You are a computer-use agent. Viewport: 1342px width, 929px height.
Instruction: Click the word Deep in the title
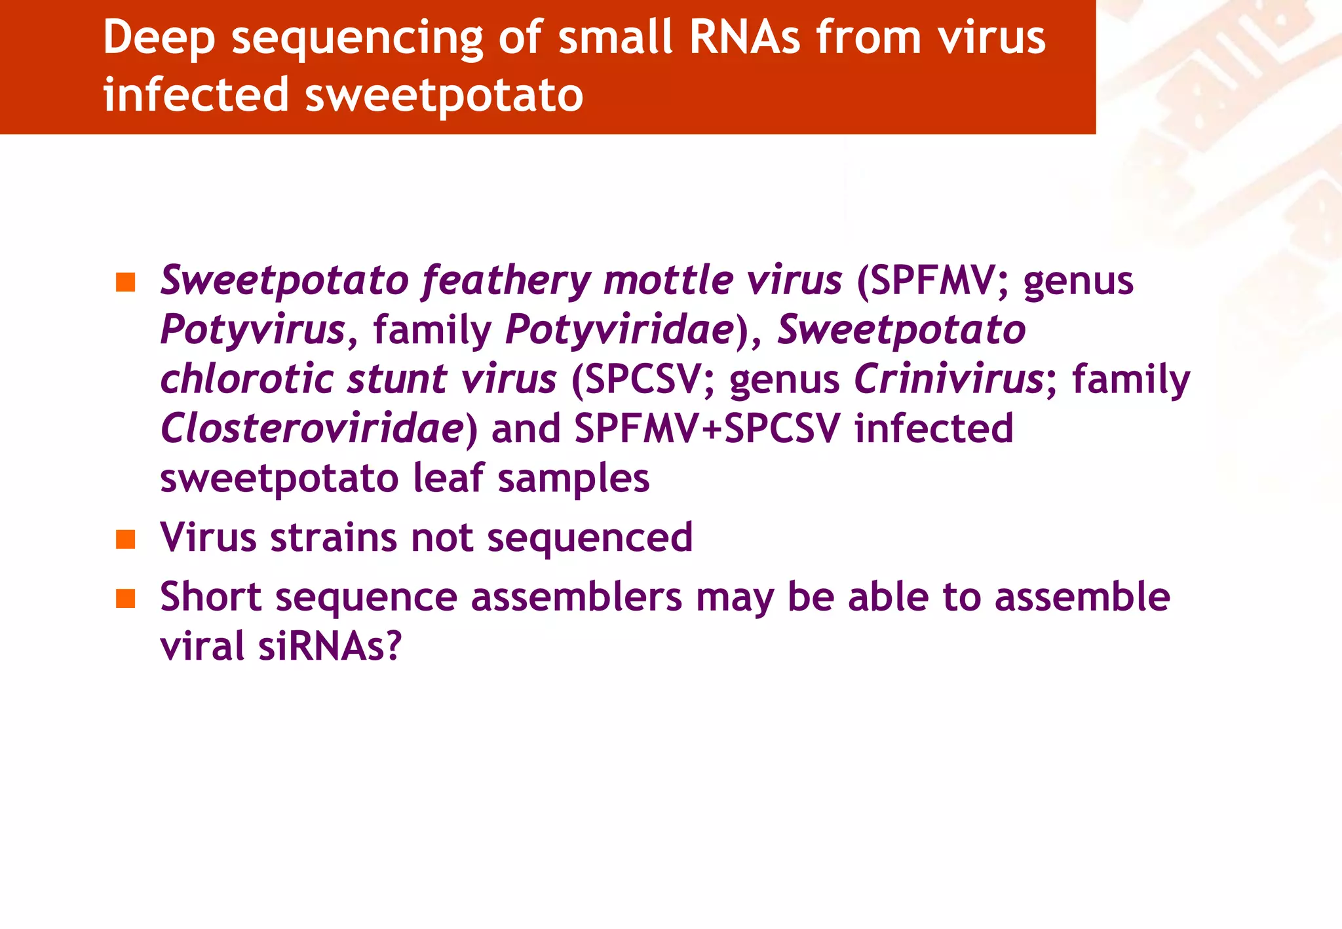[x=159, y=38]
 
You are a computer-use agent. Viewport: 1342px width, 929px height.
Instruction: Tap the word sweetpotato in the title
[x=444, y=95]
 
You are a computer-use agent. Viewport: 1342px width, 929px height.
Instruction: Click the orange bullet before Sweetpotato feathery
[x=125, y=282]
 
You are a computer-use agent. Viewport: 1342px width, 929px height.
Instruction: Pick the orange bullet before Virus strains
[x=125, y=539]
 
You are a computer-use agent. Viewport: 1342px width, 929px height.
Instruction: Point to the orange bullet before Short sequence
[x=125, y=598]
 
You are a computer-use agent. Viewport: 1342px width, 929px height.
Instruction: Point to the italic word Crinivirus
[x=949, y=379]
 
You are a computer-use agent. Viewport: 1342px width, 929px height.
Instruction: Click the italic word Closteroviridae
[x=313, y=428]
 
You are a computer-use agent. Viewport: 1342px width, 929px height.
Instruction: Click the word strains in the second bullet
[x=333, y=538]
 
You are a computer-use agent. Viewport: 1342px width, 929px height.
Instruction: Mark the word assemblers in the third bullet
[x=577, y=597]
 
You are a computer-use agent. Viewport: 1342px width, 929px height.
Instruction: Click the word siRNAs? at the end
[x=330, y=646]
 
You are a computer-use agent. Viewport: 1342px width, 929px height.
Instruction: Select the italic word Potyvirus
[x=253, y=330]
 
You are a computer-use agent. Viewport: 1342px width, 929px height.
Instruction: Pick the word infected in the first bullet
[x=934, y=428]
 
